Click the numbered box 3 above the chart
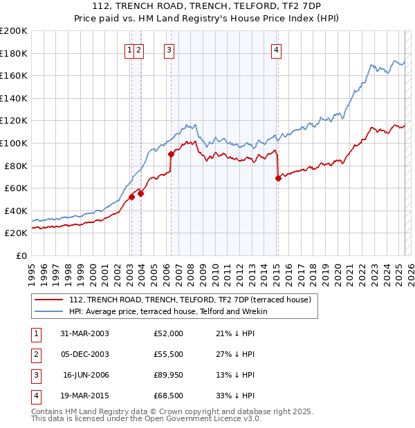pos(169,49)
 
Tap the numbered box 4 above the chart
pos(276,49)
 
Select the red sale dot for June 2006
pos(171,154)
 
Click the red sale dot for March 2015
pos(278,178)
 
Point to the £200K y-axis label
pos(14,31)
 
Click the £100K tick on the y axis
pos(14,144)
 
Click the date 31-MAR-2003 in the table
pos(85,333)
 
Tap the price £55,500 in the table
pos(168,354)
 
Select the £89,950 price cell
pos(168,375)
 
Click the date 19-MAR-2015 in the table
pos(85,396)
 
